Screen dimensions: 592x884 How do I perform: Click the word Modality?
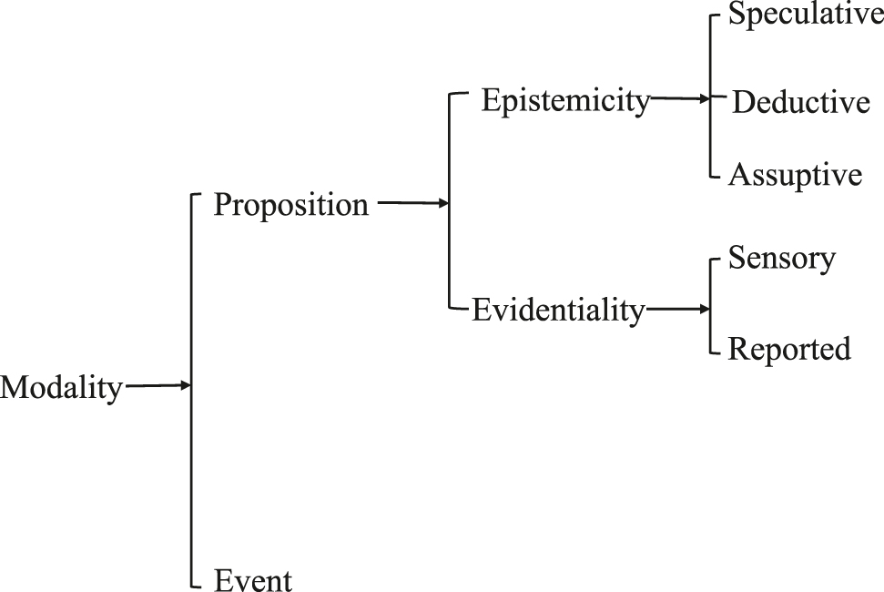[x=61, y=388]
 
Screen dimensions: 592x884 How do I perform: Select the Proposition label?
[x=291, y=205]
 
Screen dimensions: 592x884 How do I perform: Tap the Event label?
[x=253, y=578]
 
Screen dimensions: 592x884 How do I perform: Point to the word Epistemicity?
[x=565, y=100]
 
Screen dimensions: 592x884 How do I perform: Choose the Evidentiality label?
[x=557, y=311]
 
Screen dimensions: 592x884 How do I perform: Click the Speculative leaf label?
[x=806, y=17]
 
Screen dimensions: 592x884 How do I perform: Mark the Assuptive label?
[x=795, y=174]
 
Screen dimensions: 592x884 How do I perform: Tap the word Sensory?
[x=782, y=258]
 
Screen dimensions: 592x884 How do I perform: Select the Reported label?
[x=789, y=348]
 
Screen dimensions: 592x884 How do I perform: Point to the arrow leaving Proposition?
[x=412, y=204]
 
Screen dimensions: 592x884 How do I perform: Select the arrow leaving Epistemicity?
[x=681, y=98]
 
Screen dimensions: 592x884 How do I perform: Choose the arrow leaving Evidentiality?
[x=677, y=311]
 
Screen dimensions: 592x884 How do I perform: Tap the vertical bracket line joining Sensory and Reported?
[x=711, y=306]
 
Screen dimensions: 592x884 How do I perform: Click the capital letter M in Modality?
[x=13, y=388]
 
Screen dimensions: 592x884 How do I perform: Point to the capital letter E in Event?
[x=222, y=578]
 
